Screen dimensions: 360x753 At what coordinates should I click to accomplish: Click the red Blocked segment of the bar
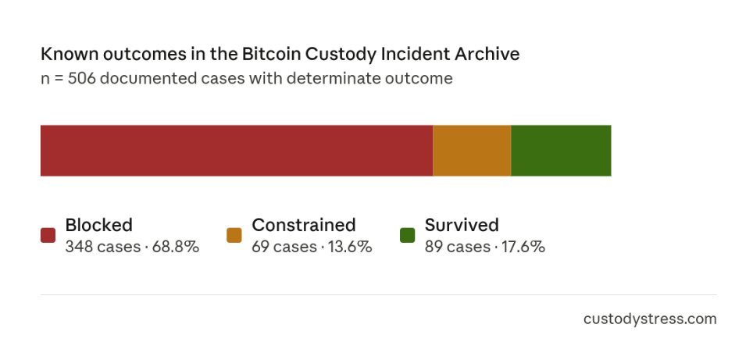click(236, 151)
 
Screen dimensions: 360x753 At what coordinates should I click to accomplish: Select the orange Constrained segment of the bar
click(472, 151)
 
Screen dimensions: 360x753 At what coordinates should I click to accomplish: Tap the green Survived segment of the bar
click(561, 151)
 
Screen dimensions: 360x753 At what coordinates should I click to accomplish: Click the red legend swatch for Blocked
click(48, 235)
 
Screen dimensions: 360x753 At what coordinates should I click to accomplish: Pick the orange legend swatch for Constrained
click(234, 235)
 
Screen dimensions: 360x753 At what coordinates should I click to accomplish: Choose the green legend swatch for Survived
click(407, 235)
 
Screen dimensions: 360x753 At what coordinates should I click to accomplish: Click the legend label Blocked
click(98, 226)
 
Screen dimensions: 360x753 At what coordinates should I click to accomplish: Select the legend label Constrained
click(303, 226)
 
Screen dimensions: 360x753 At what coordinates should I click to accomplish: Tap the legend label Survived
click(461, 226)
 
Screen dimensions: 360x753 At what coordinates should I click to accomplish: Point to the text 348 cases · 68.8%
click(132, 248)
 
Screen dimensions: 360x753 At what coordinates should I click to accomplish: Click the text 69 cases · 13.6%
click(311, 248)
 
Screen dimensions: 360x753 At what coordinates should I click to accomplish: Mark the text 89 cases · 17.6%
click(484, 248)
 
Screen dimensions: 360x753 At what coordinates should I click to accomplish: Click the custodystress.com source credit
click(649, 319)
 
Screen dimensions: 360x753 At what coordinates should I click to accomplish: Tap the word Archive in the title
click(488, 55)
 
